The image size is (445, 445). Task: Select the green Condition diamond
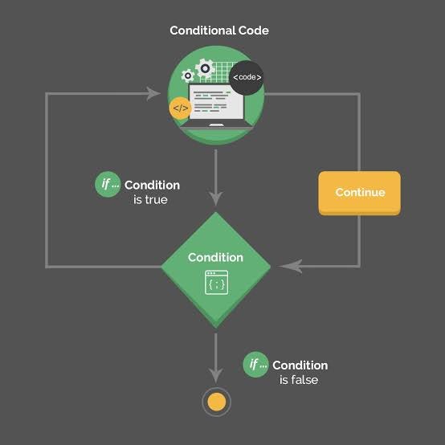(215, 269)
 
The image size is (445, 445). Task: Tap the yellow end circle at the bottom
(215, 402)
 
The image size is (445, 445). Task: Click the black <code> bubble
(246, 77)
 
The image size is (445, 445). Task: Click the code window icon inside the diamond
(216, 283)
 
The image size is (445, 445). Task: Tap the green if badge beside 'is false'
(255, 364)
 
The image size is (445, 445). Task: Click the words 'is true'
(150, 199)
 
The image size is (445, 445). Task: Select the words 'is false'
(299, 379)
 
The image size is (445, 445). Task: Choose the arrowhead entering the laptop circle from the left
(153, 94)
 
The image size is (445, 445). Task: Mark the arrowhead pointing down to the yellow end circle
(215, 374)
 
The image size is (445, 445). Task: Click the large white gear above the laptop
(206, 68)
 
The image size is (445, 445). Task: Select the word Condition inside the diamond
(215, 258)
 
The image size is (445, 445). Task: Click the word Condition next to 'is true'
(152, 185)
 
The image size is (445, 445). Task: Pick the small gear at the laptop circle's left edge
(188, 76)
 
